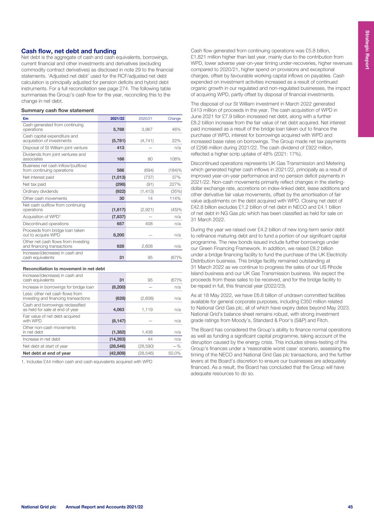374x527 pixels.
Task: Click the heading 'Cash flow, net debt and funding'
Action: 68,51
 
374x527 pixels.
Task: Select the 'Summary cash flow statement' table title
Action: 57,110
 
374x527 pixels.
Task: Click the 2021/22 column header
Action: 117,119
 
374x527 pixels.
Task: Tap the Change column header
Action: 174,119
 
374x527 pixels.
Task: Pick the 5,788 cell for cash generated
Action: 117,130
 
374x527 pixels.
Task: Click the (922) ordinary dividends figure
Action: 118,191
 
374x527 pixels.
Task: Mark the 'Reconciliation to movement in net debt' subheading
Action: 64,268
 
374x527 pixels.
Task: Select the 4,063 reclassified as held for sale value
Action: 117,309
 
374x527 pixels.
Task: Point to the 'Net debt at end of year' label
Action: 47,353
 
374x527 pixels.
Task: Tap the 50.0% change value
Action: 174,353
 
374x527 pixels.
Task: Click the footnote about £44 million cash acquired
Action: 87,362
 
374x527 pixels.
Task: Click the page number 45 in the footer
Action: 350,507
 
